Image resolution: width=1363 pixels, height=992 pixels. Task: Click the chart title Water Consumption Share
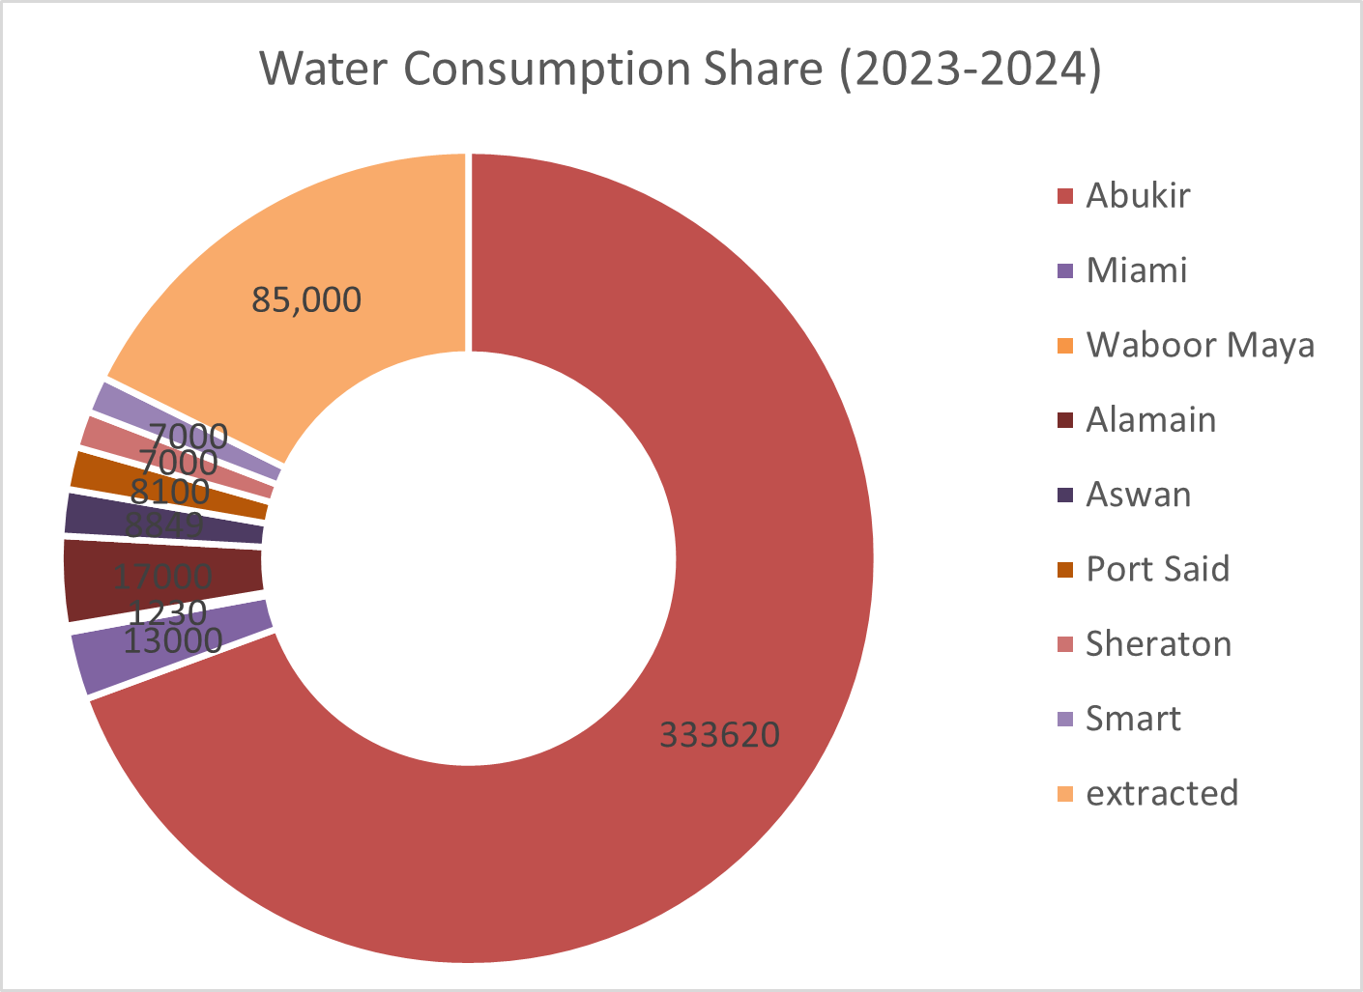(680, 71)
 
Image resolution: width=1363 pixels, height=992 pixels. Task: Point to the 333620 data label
(719, 735)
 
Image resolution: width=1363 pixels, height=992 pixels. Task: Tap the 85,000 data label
(306, 299)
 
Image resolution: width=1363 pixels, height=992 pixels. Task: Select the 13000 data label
(174, 639)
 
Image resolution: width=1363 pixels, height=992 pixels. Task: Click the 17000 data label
(163, 578)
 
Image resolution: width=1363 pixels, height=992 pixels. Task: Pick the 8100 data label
(170, 493)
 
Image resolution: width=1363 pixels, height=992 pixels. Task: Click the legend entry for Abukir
(1138, 195)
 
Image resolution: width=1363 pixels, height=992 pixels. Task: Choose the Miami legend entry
(1136, 269)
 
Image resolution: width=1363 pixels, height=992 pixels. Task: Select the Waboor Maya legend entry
(1200, 345)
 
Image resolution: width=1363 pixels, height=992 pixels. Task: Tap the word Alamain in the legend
(1150, 419)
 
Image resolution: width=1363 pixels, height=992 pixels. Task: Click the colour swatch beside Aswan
(1065, 495)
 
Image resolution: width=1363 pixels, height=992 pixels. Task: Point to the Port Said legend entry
(1157, 569)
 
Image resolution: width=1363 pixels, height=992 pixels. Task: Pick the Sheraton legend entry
(1158, 643)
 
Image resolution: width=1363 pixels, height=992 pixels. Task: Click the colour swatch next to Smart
(1065, 719)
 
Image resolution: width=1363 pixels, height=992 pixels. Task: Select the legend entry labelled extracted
(1162, 793)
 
